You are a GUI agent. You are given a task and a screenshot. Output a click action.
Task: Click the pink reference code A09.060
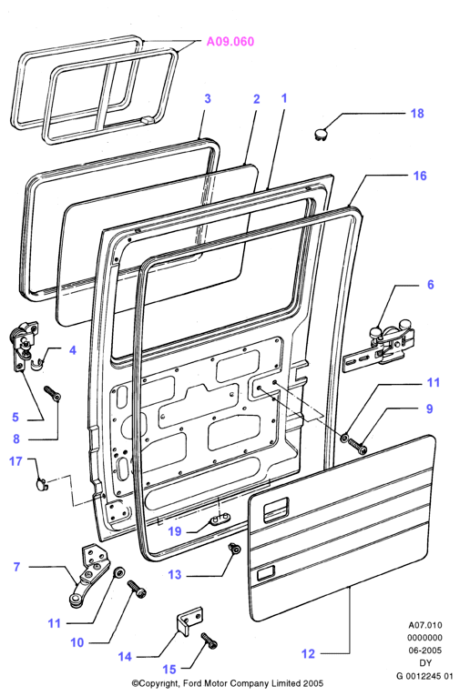tap(230, 41)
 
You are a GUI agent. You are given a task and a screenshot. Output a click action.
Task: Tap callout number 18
tap(417, 113)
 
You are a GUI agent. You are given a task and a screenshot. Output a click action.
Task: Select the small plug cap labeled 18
tap(321, 133)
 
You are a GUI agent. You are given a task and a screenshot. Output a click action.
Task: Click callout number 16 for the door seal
tap(420, 176)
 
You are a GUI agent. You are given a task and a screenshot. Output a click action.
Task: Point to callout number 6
tap(430, 285)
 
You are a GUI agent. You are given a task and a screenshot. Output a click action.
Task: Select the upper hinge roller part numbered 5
tap(23, 347)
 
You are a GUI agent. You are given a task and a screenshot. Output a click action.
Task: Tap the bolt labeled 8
tap(53, 394)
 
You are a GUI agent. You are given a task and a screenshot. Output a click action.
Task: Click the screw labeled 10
tap(137, 589)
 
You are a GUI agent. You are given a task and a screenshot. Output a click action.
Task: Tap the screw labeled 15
tap(210, 641)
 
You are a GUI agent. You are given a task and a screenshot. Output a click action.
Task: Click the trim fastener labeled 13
tap(234, 549)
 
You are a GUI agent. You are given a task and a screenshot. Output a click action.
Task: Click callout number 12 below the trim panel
tap(308, 653)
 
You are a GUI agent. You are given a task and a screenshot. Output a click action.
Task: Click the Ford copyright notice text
tap(228, 683)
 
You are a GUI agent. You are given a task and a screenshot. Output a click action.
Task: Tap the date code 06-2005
tap(425, 651)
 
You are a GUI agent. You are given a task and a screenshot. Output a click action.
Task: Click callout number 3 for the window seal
tap(208, 98)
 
